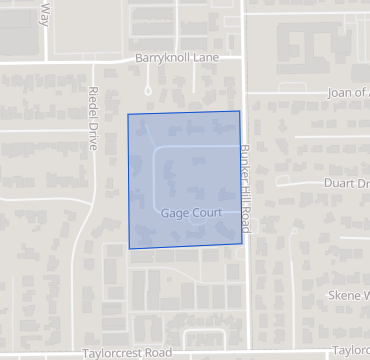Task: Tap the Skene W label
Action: pos(349,296)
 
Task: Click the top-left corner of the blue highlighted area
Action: pos(128,115)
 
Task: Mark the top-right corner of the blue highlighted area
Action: pos(240,111)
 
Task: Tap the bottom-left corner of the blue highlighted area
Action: pos(129,248)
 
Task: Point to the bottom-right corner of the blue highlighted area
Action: pos(243,243)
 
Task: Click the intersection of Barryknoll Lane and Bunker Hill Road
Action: pos(244,59)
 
